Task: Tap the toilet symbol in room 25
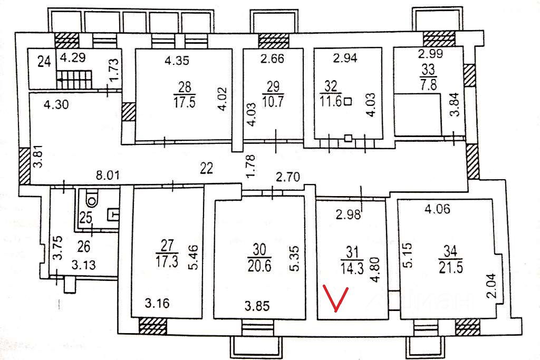[x=92, y=199]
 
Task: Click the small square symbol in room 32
[x=347, y=102]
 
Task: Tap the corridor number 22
[x=206, y=168]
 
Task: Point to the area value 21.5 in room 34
[x=449, y=267]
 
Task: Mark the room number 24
[x=44, y=61]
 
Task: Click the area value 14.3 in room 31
[x=351, y=267]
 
